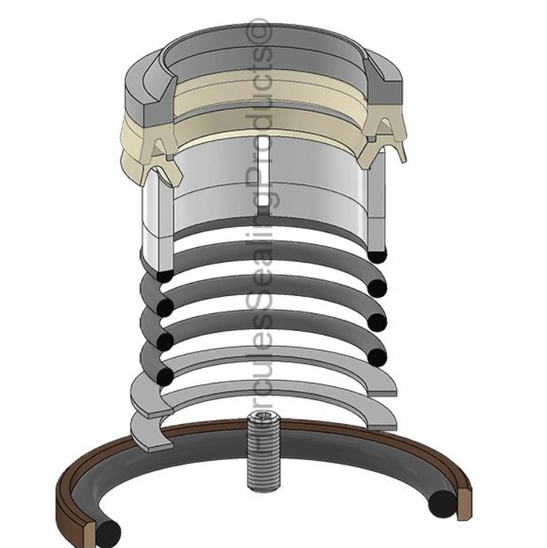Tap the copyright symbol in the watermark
(x=263, y=30)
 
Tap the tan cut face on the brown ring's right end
(x=464, y=499)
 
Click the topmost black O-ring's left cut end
(x=165, y=275)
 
